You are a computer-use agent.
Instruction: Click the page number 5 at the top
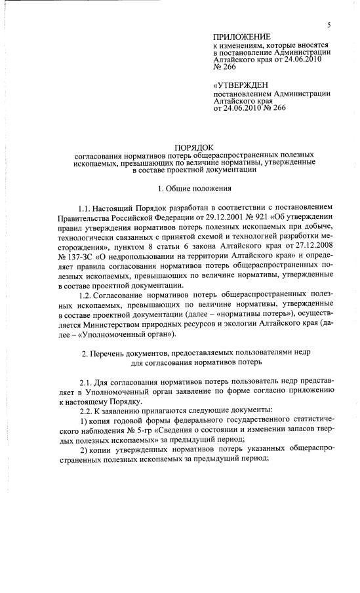tap(329, 24)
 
